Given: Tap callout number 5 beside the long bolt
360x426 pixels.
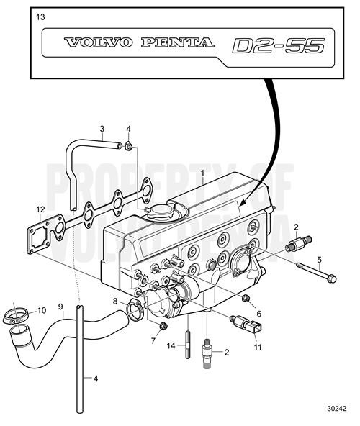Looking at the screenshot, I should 320,259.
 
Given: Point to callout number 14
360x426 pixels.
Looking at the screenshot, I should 171,345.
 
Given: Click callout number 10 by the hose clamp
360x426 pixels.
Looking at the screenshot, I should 41,310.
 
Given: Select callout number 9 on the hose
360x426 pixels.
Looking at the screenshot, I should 60,306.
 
